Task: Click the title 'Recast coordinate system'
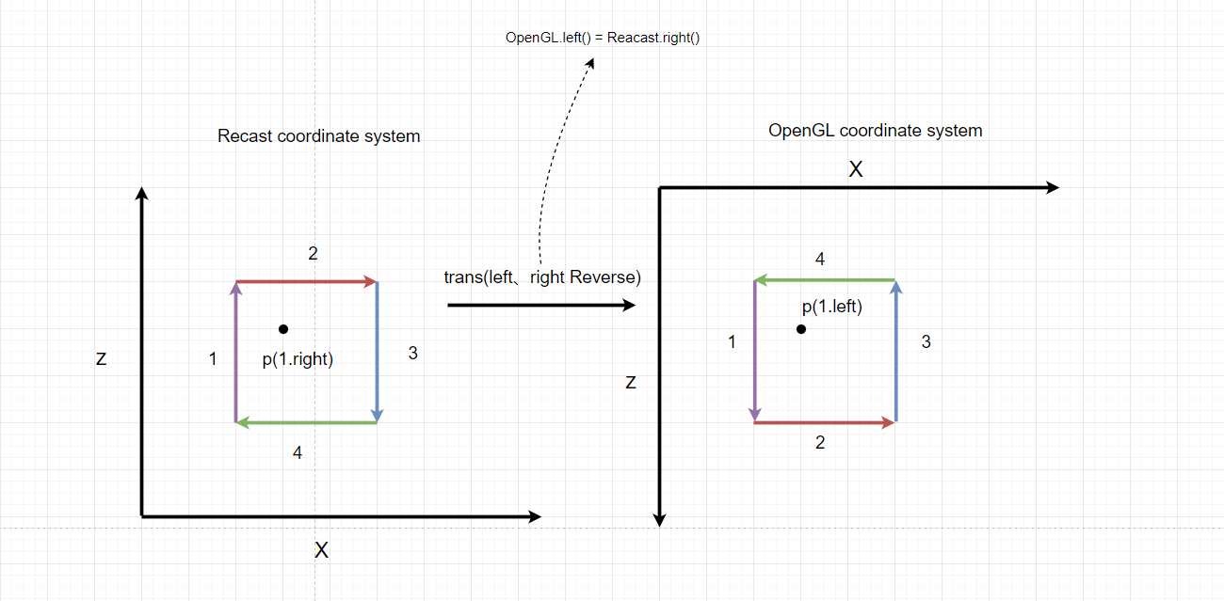pos(318,136)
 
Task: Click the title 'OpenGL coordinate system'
pos(875,131)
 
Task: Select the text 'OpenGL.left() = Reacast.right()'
pos(603,39)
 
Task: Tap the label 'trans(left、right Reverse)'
pos(542,277)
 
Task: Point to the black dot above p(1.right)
pos(283,329)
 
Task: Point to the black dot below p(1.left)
pos(800,329)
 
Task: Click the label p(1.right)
pos(298,358)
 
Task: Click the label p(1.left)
pos(832,307)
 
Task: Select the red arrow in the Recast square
pos(306,281)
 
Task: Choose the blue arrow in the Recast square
pos(377,353)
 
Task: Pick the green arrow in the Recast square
pos(306,422)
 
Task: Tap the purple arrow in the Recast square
pos(235,353)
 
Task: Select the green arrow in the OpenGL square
pos(824,280)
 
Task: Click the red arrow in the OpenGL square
pos(824,423)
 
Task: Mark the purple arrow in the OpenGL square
pos(754,351)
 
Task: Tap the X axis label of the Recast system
pos(321,550)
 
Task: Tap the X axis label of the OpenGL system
pos(855,170)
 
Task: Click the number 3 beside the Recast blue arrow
pos(412,354)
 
